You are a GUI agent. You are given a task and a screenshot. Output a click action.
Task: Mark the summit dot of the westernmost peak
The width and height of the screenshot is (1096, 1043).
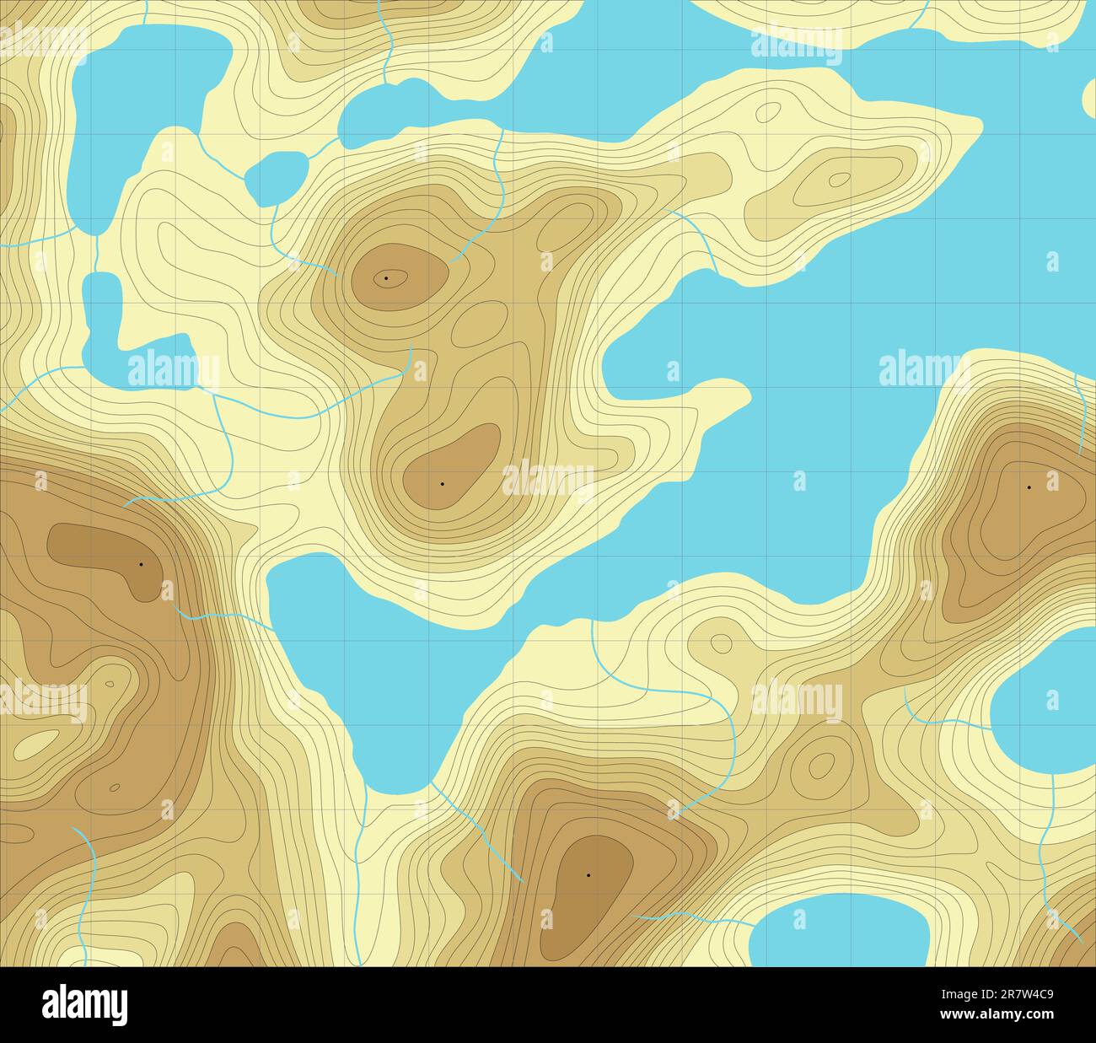[x=141, y=563]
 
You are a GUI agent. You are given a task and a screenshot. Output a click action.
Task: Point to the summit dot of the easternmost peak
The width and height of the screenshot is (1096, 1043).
[x=1029, y=487]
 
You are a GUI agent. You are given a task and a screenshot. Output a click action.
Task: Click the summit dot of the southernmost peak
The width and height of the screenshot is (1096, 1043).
[x=588, y=875]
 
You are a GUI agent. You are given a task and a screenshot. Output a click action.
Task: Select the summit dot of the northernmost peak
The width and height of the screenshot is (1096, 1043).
[x=386, y=277]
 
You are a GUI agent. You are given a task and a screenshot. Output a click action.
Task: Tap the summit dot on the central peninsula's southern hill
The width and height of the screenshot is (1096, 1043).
[x=442, y=484]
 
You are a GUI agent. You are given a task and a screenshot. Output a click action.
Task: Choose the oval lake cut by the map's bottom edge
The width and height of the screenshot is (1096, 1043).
[x=839, y=933]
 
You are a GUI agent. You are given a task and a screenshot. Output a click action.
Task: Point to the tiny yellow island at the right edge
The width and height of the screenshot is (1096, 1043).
[x=1089, y=98]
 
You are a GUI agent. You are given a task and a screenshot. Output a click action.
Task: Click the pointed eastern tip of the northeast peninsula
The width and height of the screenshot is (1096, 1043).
[x=980, y=127]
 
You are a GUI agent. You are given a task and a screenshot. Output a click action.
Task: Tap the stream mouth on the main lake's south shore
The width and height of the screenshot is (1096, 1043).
[x=592, y=621]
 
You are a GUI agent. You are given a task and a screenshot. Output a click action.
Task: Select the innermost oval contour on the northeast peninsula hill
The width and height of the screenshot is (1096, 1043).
[x=839, y=179]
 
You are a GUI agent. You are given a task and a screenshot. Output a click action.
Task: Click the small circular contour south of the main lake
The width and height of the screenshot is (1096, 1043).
[x=721, y=643]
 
